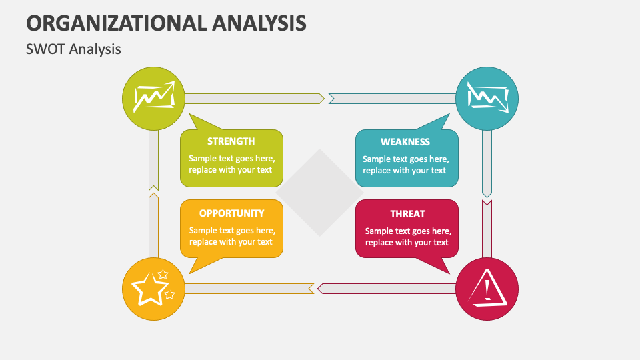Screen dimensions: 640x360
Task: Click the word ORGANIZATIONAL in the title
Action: (x=116, y=23)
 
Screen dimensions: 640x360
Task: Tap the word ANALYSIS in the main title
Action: (x=259, y=23)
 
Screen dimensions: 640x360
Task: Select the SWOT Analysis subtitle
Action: (x=73, y=49)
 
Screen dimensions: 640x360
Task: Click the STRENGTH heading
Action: (x=231, y=141)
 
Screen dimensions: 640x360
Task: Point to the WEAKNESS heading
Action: (x=405, y=142)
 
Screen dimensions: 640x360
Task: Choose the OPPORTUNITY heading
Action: (x=231, y=213)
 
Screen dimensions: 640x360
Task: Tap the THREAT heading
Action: (x=407, y=214)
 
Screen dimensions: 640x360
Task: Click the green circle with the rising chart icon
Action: (x=153, y=99)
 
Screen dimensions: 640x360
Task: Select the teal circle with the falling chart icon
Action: (x=487, y=99)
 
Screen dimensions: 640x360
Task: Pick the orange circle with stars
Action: (x=153, y=289)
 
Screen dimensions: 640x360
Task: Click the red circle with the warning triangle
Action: (x=487, y=289)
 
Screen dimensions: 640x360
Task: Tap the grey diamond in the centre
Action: (x=319, y=193)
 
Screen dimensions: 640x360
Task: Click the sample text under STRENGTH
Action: (x=231, y=164)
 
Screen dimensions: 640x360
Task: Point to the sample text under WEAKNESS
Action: (x=406, y=165)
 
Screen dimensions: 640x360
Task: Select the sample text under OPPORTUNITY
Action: (x=232, y=236)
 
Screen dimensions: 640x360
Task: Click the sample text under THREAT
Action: (x=408, y=237)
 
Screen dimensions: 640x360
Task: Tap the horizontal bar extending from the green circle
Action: (x=255, y=99)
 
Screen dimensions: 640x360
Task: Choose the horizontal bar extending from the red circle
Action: (x=387, y=289)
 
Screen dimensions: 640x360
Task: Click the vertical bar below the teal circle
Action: (x=487, y=164)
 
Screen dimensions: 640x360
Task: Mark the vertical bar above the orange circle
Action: (x=153, y=225)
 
